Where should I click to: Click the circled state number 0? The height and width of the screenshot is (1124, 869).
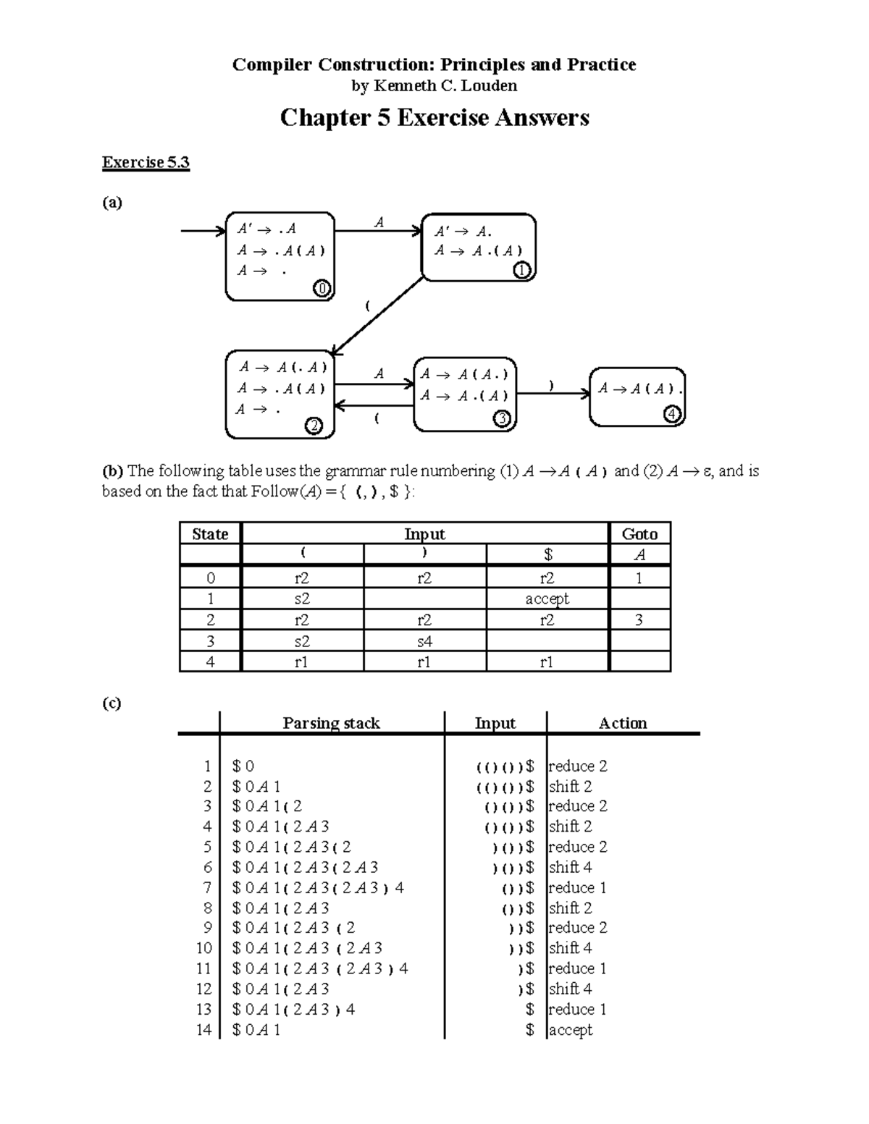point(322,289)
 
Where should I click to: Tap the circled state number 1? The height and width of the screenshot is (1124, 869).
point(522,271)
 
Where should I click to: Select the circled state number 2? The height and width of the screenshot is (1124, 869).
point(314,426)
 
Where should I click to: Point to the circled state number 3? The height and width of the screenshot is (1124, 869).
point(502,418)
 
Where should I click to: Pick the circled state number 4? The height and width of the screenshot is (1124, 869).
point(673,414)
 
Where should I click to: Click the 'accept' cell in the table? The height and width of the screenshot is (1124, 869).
point(547,599)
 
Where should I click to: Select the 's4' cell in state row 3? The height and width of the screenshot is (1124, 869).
point(424,641)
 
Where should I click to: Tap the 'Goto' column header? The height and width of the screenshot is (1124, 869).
point(639,534)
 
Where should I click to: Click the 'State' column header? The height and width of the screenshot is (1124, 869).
point(210,534)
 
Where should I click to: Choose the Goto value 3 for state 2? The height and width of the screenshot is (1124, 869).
point(639,620)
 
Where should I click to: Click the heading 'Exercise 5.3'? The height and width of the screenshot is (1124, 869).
point(146,162)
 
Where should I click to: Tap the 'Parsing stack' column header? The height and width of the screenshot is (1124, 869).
point(331,723)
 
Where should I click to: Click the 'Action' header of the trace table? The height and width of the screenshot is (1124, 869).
point(623,723)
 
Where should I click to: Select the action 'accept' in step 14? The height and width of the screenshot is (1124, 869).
point(571,1029)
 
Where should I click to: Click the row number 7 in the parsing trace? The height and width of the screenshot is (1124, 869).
point(207,887)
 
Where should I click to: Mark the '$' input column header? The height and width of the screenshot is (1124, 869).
point(548,555)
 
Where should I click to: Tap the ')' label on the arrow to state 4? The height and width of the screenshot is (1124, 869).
point(552,386)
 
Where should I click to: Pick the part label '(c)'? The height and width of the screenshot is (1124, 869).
point(112,703)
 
